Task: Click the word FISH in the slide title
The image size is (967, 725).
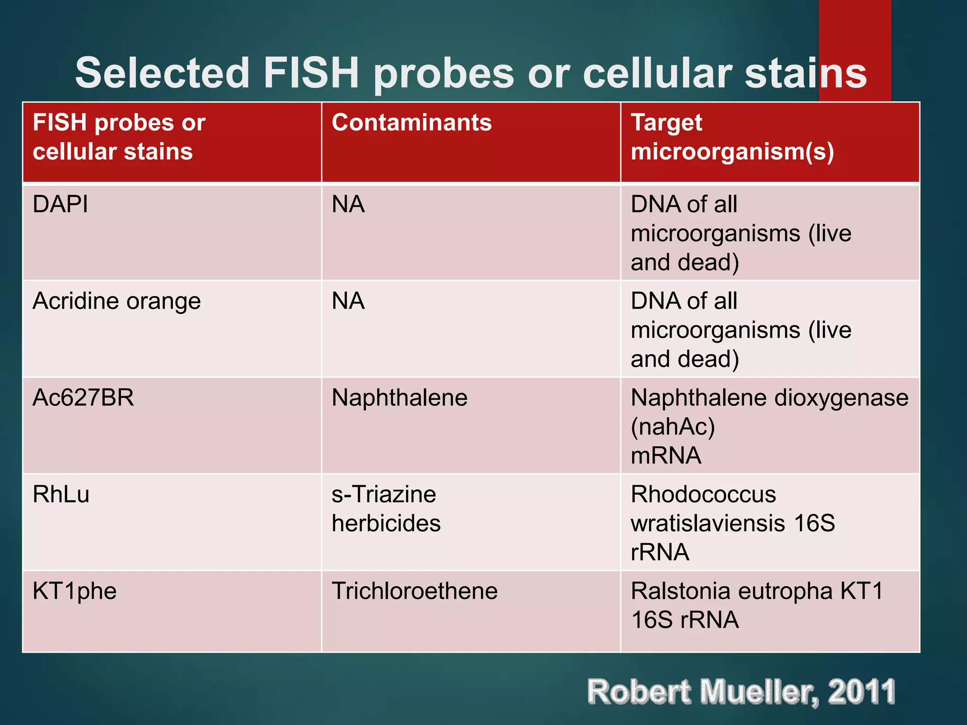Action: tap(312, 73)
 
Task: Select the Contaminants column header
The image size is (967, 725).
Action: tap(412, 123)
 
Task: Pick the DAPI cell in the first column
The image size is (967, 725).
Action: tap(60, 205)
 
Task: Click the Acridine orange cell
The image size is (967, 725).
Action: tap(117, 302)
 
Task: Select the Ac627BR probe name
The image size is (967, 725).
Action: tap(83, 398)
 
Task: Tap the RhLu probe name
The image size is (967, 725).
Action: tap(61, 495)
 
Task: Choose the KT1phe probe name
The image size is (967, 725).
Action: tap(75, 591)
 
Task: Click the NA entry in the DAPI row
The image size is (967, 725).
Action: tap(348, 205)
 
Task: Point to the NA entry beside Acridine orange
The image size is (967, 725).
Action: tap(348, 301)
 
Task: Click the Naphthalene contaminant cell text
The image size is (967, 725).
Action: tap(399, 398)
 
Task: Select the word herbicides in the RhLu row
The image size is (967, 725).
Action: tap(386, 523)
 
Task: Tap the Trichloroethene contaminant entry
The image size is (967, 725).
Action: tap(415, 591)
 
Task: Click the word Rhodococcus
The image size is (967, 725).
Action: tap(704, 495)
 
